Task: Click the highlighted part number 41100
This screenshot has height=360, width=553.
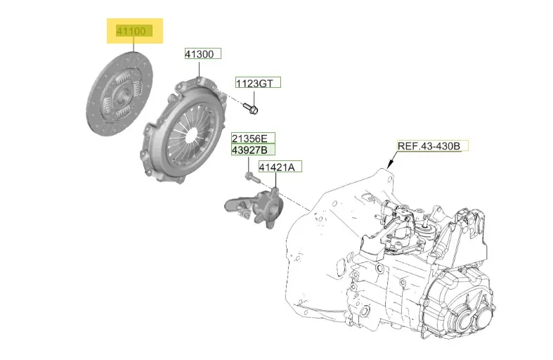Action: point(131,31)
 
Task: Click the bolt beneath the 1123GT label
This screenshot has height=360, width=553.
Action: point(251,108)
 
